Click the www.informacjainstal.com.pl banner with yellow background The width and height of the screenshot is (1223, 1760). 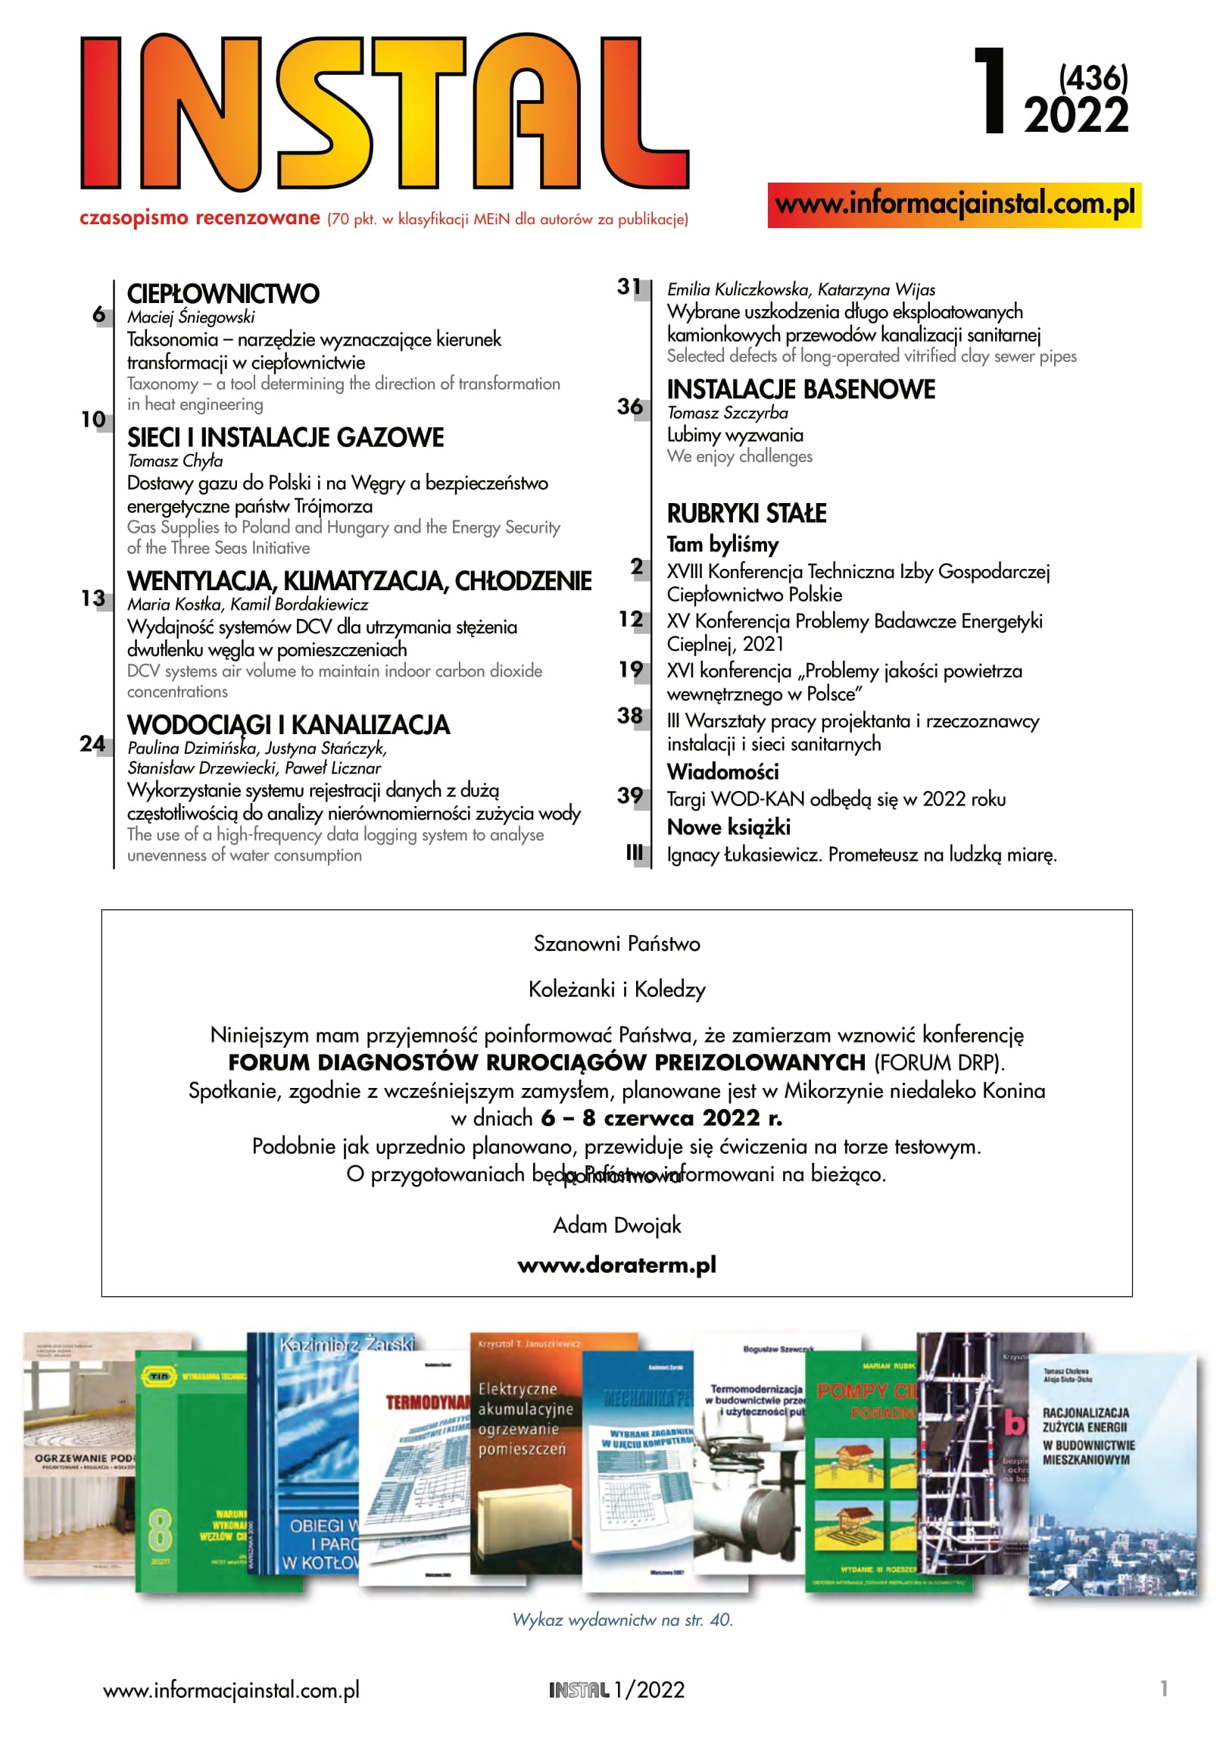tap(954, 205)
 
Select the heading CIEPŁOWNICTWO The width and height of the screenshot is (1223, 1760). tap(223, 294)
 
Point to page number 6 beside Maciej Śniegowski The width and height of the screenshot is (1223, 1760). tap(99, 314)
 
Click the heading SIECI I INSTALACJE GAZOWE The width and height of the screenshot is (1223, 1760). tap(285, 438)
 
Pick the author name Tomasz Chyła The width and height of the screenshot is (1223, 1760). tap(175, 461)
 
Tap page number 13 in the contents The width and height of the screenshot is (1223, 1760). tap(93, 598)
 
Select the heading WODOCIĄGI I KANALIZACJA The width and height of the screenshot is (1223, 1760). tap(288, 724)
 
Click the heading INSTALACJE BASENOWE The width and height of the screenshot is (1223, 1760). tap(800, 389)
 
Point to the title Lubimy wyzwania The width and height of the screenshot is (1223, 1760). tap(735, 435)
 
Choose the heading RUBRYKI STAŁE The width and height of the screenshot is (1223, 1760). tap(747, 513)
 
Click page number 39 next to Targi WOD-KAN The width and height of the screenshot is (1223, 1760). tap(630, 796)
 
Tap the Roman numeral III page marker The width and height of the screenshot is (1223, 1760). tap(634, 852)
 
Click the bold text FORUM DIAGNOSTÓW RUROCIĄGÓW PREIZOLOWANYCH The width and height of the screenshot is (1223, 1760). tap(546, 1062)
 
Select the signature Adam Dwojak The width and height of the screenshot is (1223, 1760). tap(617, 1225)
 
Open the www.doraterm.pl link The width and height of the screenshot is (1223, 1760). tap(617, 1265)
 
